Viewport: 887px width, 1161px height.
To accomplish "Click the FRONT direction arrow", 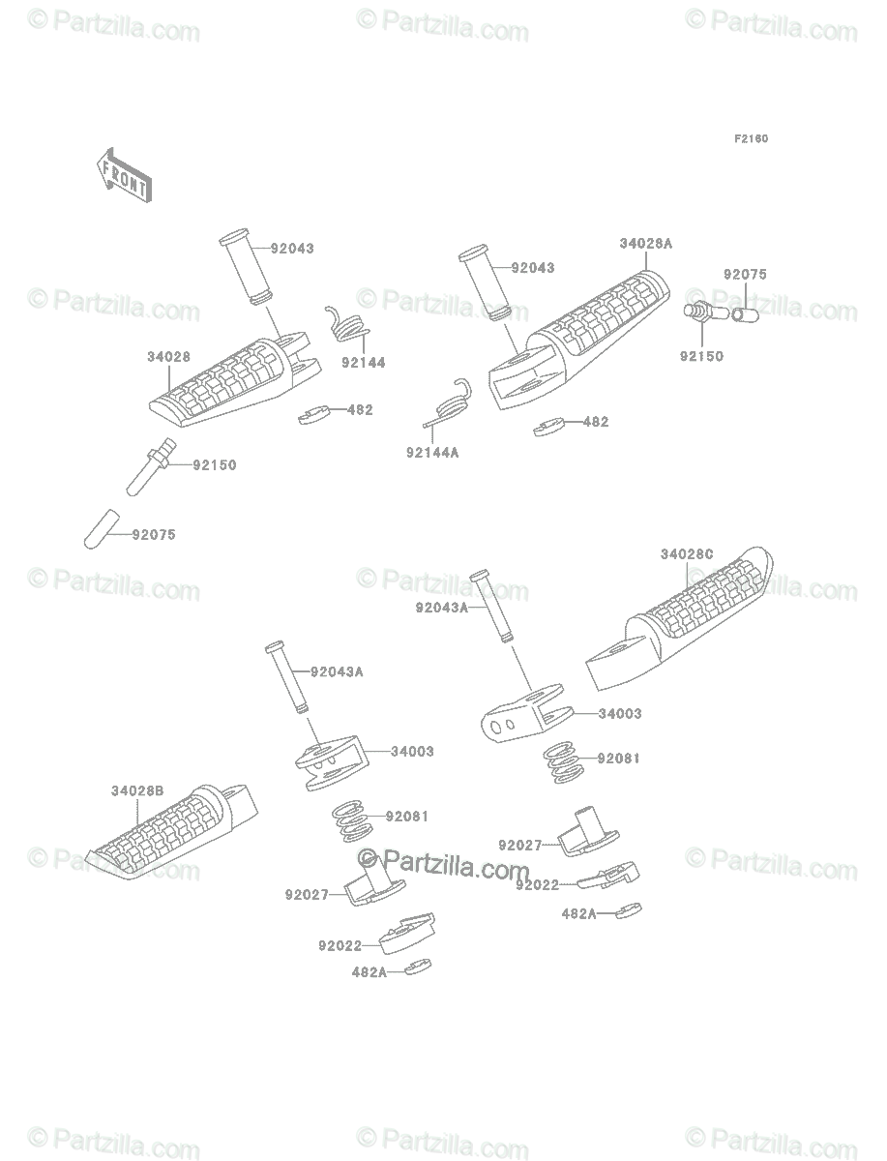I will pos(122,173).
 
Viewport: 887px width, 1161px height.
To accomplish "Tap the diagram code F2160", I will pos(750,138).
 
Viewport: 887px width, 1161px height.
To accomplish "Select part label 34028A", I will pos(645,245).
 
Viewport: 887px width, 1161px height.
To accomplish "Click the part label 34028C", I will pos(687,554).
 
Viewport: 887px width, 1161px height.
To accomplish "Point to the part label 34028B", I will pos(136,790).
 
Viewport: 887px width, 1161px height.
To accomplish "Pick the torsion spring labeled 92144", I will pos(345,325).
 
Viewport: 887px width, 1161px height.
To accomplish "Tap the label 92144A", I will pos(431,452).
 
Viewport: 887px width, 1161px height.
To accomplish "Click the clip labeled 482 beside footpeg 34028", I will pos(315,414).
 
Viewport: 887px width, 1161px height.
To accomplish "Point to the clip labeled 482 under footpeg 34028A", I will pos(550,426).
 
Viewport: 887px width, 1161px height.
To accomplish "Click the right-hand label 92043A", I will pos(441,608).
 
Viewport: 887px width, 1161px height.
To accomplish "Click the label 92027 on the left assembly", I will pos(307,895).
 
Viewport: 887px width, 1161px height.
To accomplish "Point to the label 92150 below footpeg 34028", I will pos(214,464).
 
